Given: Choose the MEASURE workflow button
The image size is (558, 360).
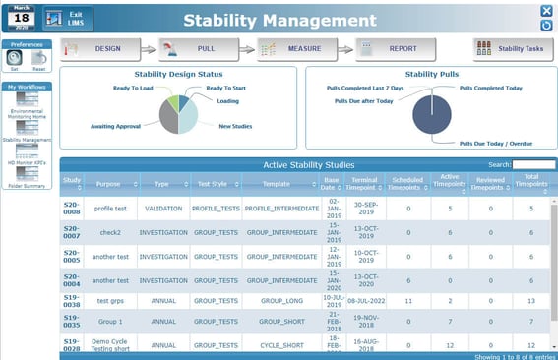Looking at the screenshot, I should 297,48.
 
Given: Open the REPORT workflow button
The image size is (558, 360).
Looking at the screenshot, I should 395,48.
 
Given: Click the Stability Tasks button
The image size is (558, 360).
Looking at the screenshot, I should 513,48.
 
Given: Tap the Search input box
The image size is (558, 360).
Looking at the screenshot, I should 533,164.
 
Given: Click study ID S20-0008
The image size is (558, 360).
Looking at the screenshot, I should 72,208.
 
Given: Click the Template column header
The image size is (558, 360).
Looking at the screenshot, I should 277,184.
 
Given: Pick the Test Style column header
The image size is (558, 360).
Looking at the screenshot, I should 214,184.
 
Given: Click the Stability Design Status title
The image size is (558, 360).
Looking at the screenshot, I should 177,74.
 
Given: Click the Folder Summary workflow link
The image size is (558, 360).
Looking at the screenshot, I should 28,185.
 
